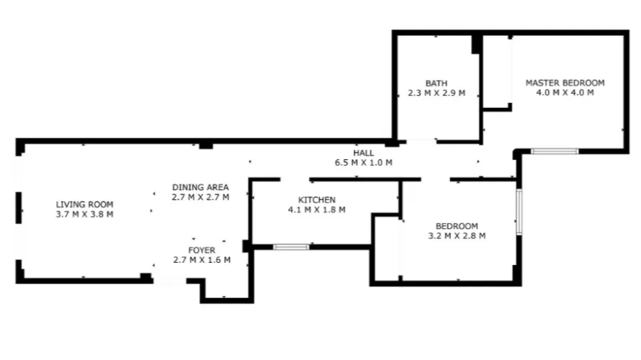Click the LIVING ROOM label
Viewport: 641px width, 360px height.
84,204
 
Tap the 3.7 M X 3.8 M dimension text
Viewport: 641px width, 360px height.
84,214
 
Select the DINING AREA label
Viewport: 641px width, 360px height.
200,187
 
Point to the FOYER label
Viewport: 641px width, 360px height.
202,251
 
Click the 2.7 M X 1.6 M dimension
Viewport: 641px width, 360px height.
202,260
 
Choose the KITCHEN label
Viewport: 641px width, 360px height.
317,200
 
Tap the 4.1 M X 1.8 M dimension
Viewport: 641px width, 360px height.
317,210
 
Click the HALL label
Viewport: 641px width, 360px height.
363,153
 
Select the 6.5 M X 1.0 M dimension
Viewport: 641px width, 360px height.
363,163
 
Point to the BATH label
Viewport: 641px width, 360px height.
436,83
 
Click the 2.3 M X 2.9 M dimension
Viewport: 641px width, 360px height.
436,93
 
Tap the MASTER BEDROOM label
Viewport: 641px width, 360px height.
565,83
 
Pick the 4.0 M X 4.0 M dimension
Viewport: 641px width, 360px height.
565,93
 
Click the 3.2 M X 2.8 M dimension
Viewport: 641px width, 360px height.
457,235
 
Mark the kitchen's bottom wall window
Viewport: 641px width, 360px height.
291,247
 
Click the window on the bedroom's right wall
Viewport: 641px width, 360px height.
519,211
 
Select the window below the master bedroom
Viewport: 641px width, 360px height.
555,151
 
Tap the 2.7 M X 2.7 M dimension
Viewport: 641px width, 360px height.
200,197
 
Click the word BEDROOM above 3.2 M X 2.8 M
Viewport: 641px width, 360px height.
457,225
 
